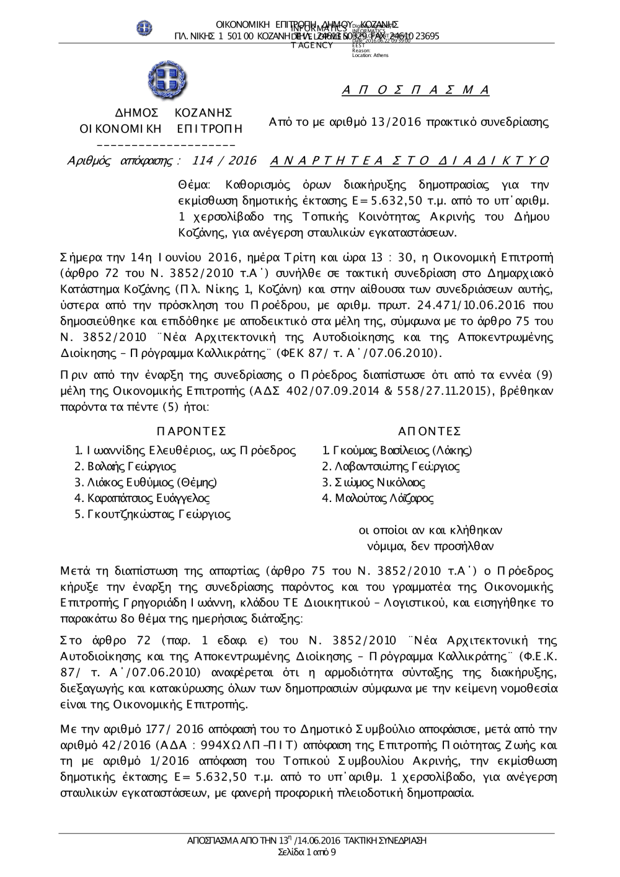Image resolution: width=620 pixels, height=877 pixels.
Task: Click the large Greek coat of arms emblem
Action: pyautogui.click(x=167, y=81)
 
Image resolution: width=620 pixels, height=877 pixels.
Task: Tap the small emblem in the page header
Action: pyautogui.click(x=144, y=28)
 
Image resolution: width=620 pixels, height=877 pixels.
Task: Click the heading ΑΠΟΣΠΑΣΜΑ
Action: pyautogui.click(x=415, y=90)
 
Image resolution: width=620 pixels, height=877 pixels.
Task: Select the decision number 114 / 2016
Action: pyautogui.click(x=224, y=161)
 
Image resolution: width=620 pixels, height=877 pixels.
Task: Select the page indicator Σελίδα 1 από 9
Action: pyautogui.click(x=308, y=852)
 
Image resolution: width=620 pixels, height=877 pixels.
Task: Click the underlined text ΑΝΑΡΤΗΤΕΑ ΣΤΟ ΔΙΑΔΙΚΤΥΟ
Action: pyautogui.click(x=410, y=161)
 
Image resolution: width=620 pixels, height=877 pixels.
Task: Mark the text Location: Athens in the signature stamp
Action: pyautogui.click(x=370, y=55)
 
